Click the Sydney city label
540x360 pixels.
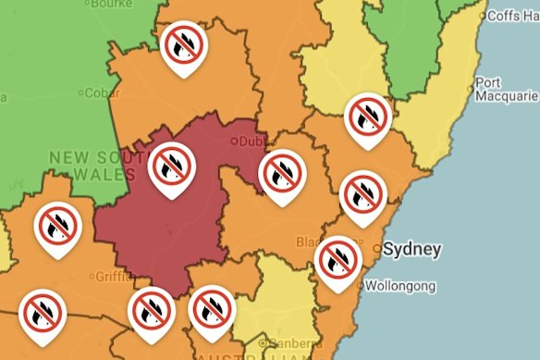point(412,249)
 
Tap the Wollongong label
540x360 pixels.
point(399,287)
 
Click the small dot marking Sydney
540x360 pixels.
point(377,249)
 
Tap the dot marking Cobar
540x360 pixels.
point(80,93)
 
